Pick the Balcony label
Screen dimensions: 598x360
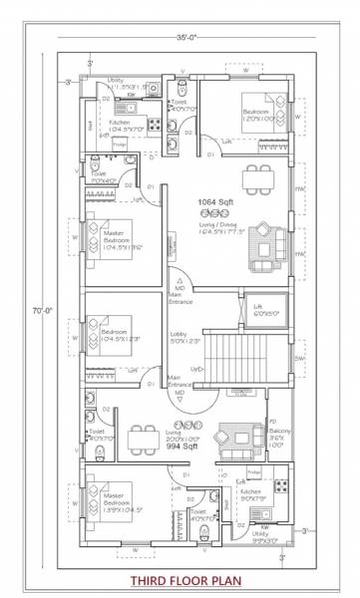tap(277, 437)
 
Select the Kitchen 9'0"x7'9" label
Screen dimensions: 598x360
tap(249, 495)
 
